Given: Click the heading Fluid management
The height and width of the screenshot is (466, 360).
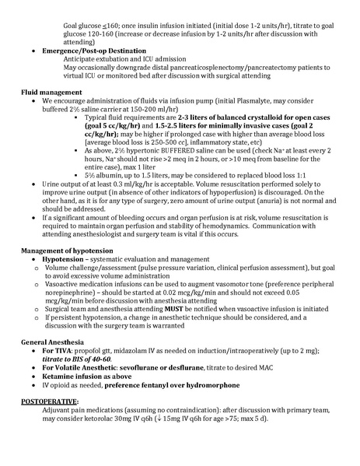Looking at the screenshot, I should pos(49,91).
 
